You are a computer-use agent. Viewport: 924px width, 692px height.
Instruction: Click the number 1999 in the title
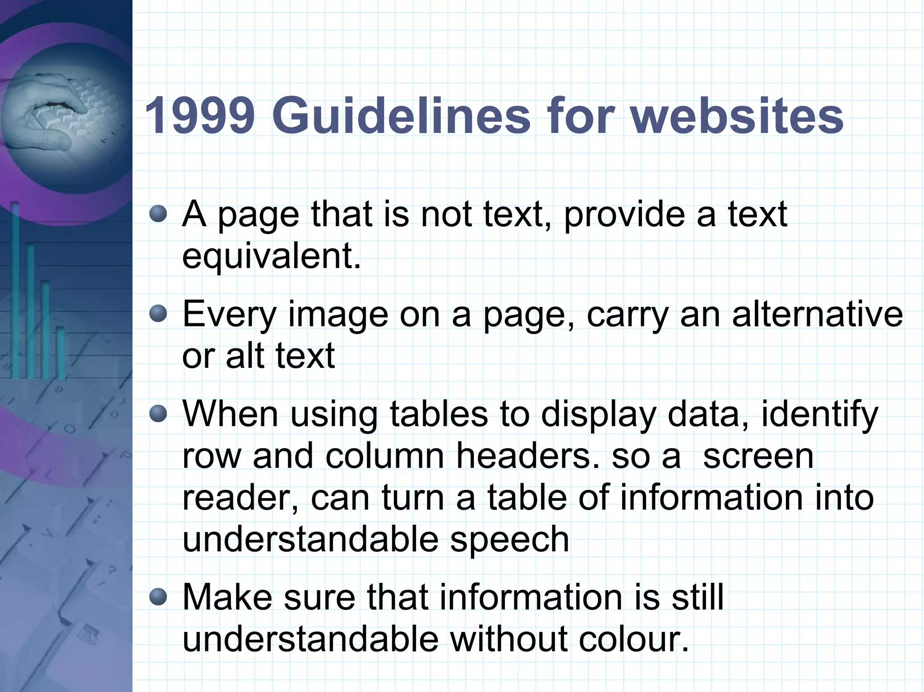click(x=199, y=116)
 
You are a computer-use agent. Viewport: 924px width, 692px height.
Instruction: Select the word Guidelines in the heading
click(x=401, y=116)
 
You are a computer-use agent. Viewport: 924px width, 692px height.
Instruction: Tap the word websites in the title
click(x=736, y=116)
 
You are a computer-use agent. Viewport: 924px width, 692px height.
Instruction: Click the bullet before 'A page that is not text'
click(x=158, y=214)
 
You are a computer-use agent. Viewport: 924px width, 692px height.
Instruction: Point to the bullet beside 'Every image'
click(x=158, y=314)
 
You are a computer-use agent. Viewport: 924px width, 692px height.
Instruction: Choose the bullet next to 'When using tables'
click(x=158, y=413)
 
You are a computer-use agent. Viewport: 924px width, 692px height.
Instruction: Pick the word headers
click(x=527, y=456)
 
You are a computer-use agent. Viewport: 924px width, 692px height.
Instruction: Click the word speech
click(x=509, y=540)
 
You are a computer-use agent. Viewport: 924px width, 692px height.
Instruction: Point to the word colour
click(x=634, y=639)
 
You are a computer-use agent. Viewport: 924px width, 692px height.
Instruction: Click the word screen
click(x=758, y=456)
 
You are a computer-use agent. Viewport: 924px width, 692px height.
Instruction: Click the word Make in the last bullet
click(x=227, y=597)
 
